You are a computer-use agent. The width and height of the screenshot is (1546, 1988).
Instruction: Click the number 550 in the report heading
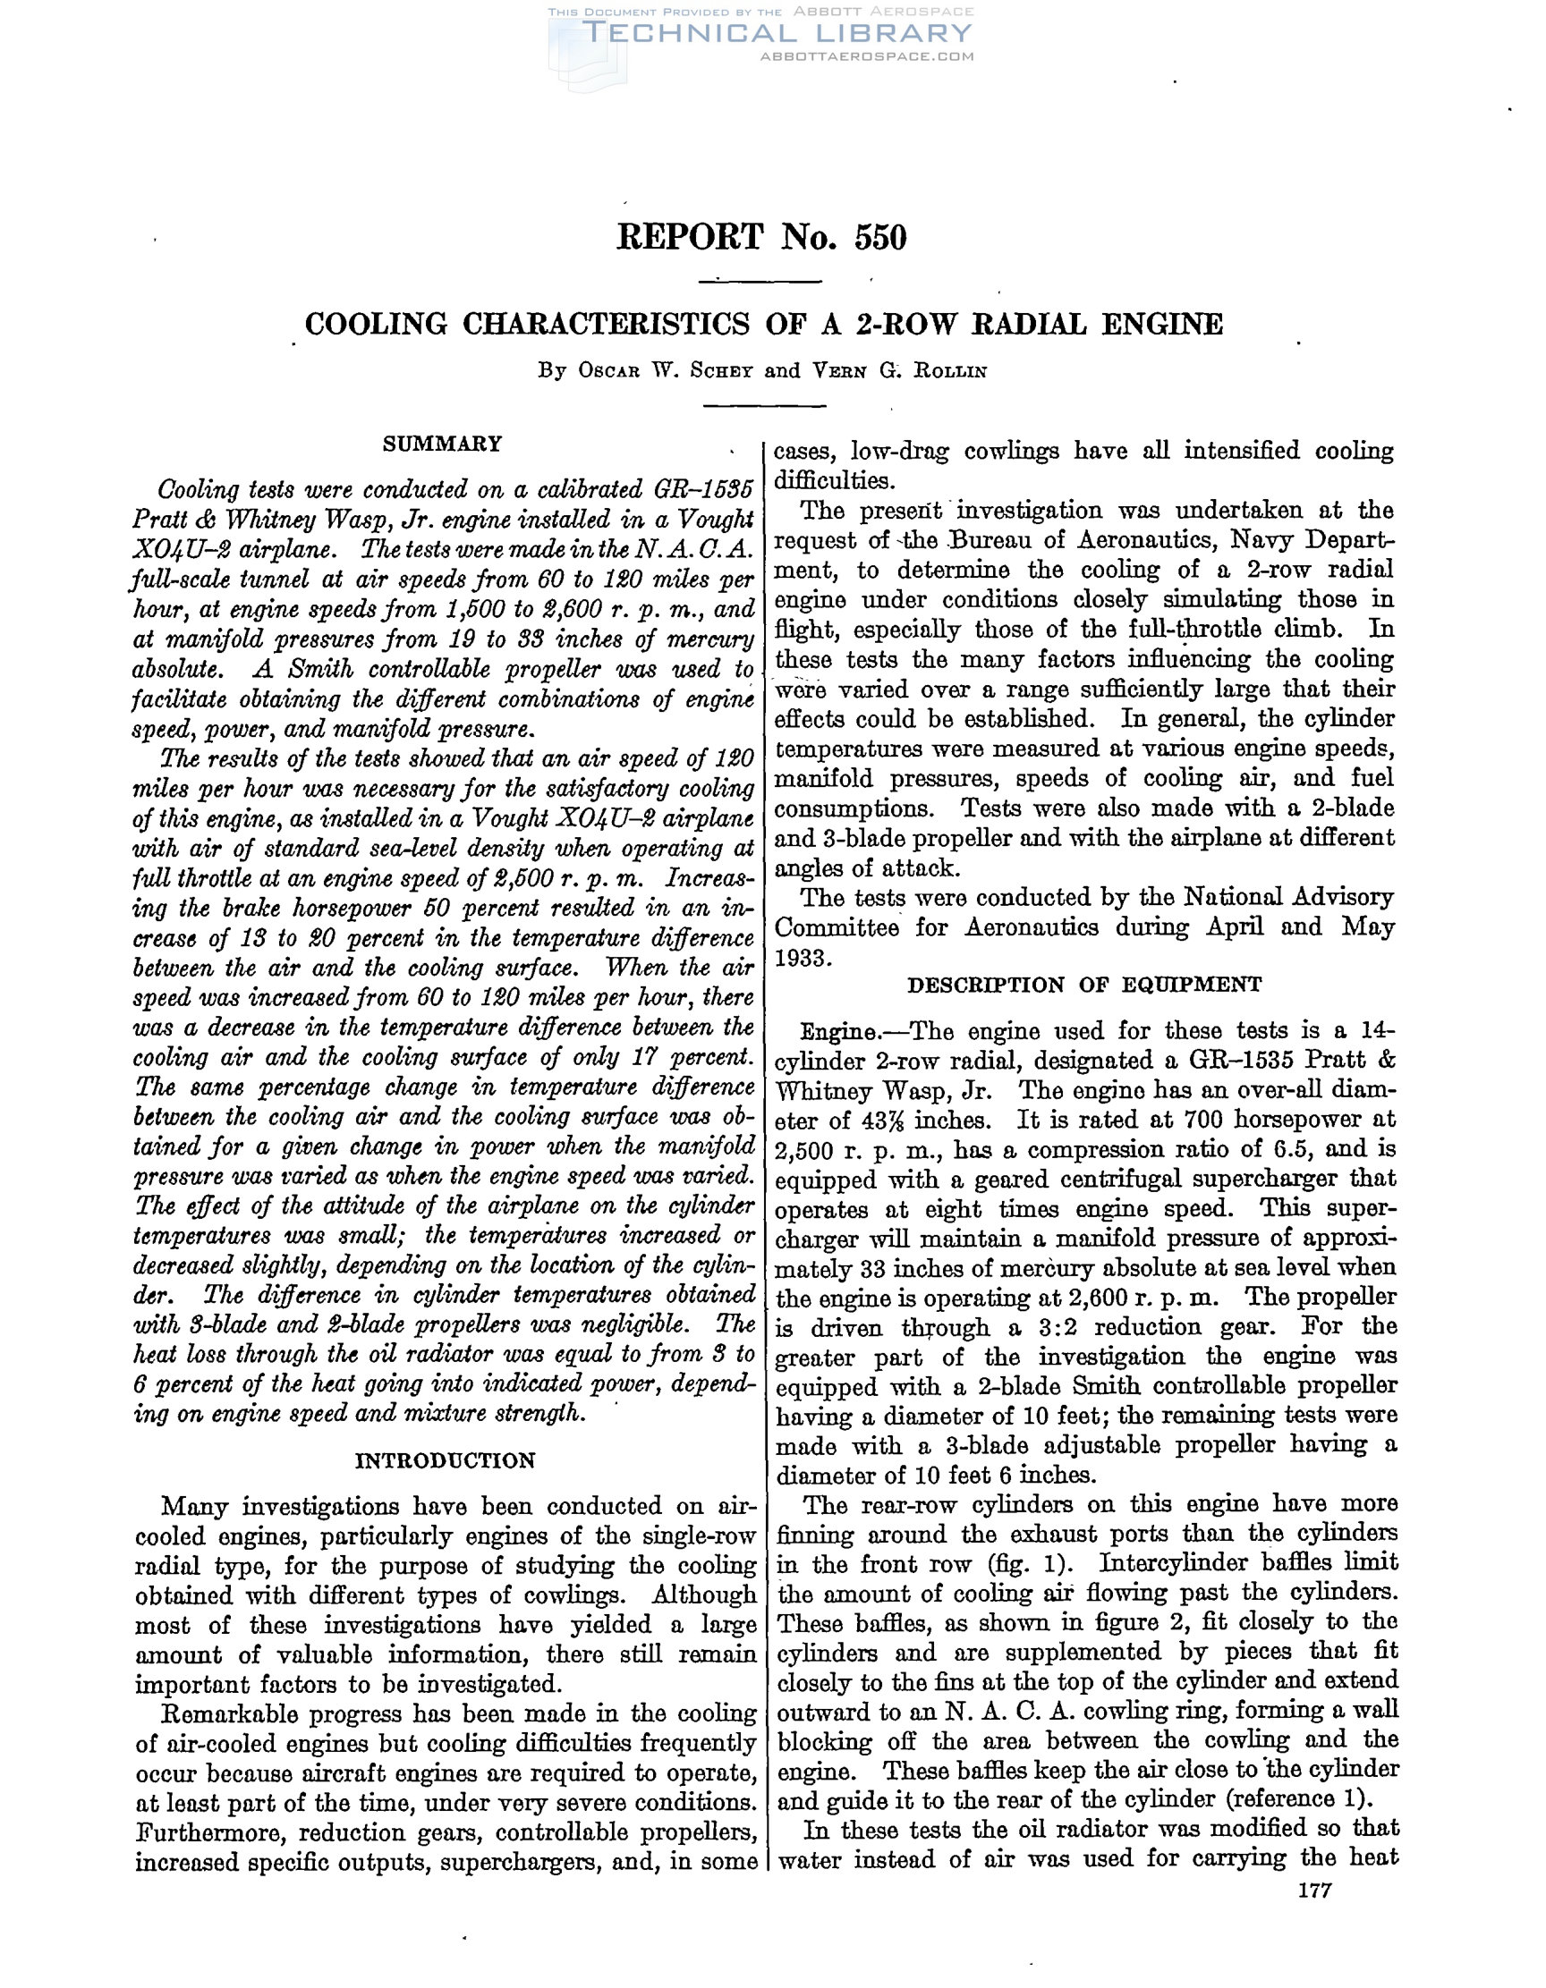point(880,238)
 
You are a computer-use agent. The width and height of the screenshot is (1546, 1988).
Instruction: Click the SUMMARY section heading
point(443,444)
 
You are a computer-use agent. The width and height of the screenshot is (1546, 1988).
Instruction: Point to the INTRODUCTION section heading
point(446,1461)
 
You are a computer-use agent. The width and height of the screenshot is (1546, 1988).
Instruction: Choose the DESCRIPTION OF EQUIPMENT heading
point(1084,985)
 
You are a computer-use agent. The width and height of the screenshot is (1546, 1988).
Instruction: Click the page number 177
point(1315,1891)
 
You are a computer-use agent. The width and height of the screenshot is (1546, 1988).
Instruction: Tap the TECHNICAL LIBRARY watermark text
point(777,34)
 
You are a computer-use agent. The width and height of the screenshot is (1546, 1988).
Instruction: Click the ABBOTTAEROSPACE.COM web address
point(866,56)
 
